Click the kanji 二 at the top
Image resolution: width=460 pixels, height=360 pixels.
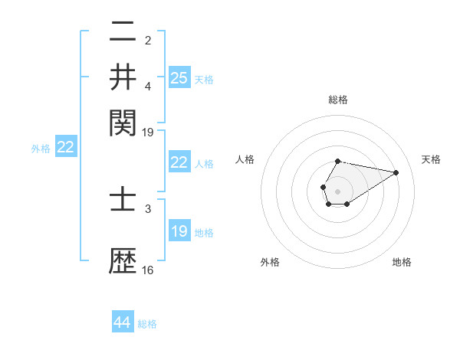click(123, 32)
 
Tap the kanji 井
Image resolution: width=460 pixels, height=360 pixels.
click(123, 77)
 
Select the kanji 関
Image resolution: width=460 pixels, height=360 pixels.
click(123, 120)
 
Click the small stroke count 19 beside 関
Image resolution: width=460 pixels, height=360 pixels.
click(148, 132)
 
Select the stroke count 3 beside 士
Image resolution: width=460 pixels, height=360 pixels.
click(148, 208)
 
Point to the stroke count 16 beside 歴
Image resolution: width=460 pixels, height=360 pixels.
click(148, 270)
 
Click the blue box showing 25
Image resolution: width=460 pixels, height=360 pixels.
click(179, 77)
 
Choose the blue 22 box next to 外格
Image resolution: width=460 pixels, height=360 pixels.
click(65, 148)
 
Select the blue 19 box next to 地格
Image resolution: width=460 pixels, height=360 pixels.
click(179, 231)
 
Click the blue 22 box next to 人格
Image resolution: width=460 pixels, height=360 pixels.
click(179, 162)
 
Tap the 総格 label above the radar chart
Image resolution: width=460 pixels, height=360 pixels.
click(338, 100)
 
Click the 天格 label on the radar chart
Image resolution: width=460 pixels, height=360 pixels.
click(431, 159)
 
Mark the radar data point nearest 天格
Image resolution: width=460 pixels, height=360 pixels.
click(396, 172)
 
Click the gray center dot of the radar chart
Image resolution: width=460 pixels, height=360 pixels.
click(337, 190)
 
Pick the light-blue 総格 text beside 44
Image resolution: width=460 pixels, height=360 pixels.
click(147, 323)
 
